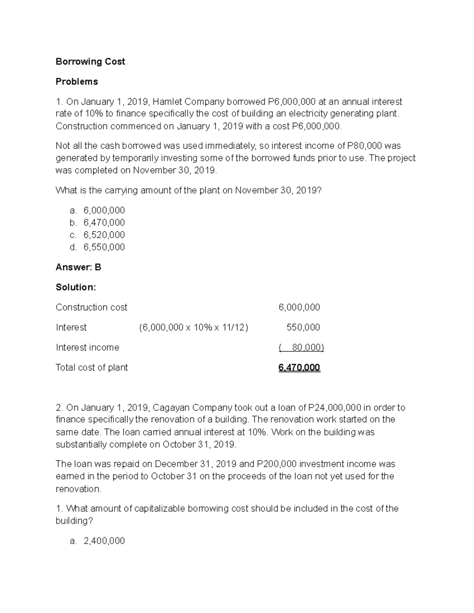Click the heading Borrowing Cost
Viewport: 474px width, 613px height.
pyautogui.click(x=90, y=62)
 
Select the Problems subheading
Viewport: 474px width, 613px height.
pyautogui.click(x=77, y=82)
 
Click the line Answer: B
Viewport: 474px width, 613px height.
pyautogui.click(x=78, y=267)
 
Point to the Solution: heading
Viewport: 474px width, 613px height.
pyautogui.click(x=76, y=287)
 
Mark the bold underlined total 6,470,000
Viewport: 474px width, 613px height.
pyautogui.click(x=299, y=367)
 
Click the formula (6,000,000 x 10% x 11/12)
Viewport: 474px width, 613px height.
pyautogui.click(x=194, y=327)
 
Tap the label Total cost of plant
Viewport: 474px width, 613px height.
pyautogui.click(x=92, y=367)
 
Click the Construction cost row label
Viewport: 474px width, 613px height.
pyautogui.click(x=91, y=307)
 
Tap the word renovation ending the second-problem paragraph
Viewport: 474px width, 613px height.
pyautogui.click(x=78, y=489)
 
